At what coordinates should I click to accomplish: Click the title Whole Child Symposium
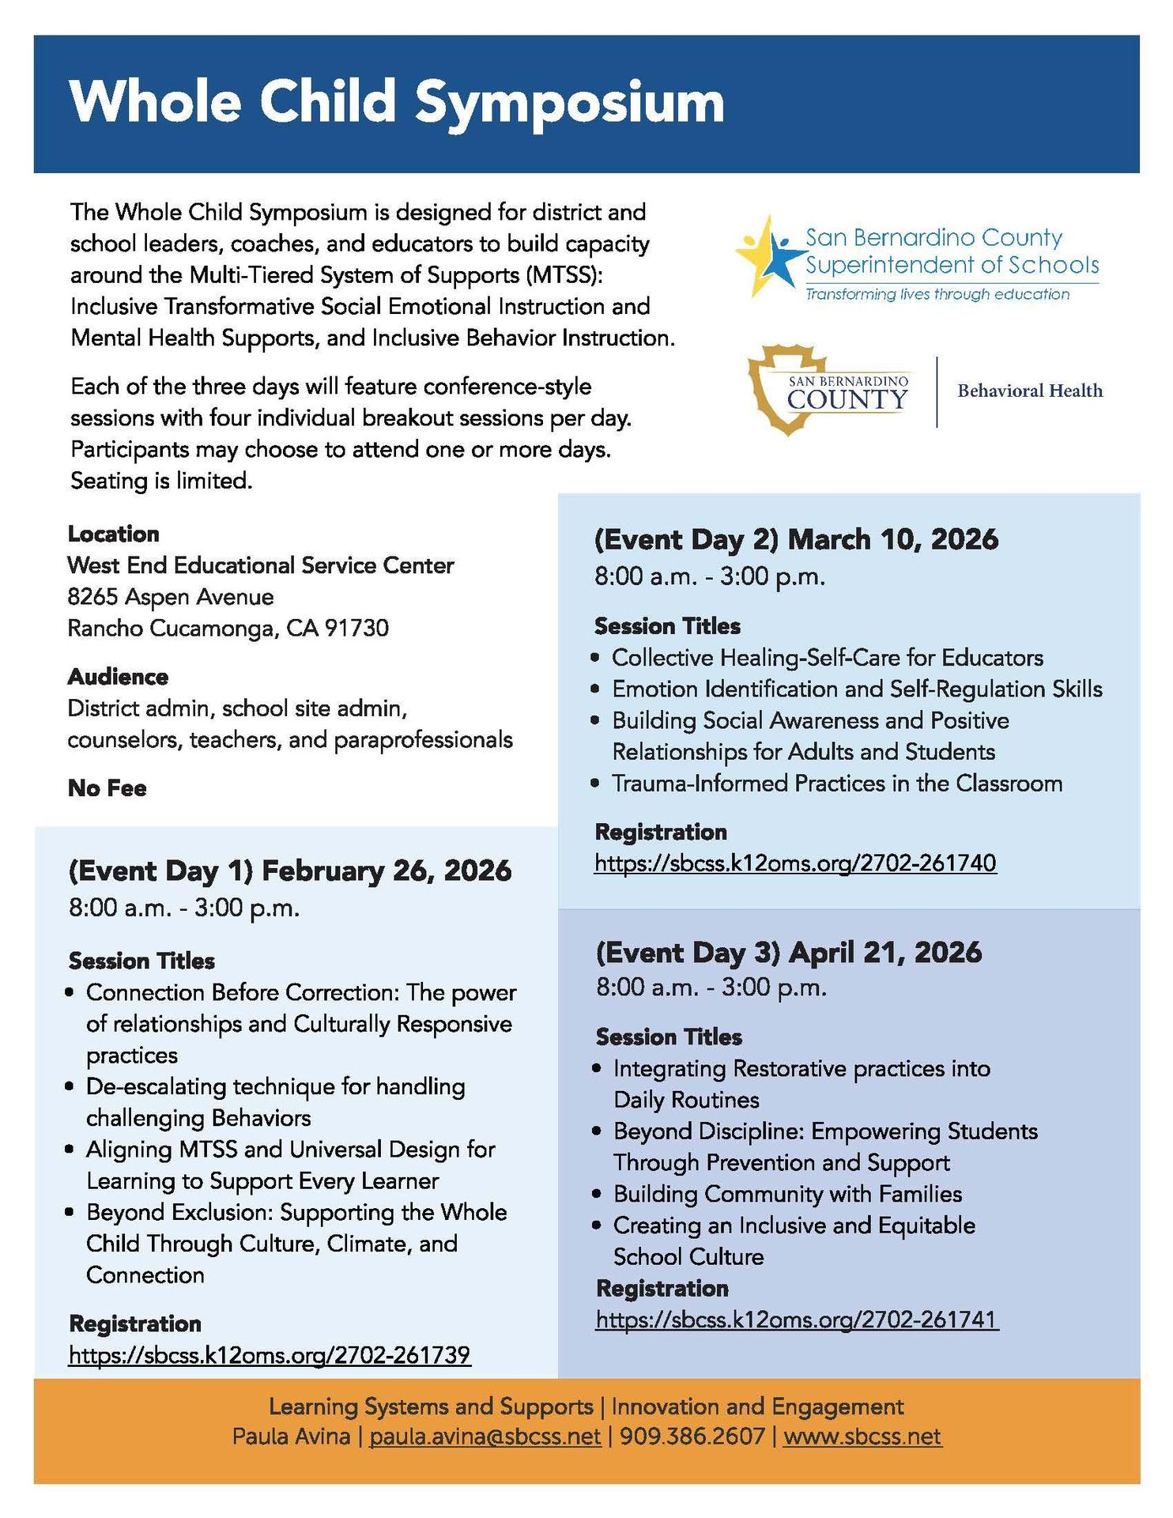tap(397, 103)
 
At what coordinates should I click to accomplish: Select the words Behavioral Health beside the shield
tap(1029, 391)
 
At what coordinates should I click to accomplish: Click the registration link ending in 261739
tap(270, 1355)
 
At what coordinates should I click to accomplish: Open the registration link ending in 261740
tap(795, 863)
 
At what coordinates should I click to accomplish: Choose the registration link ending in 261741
tap(797, 1320)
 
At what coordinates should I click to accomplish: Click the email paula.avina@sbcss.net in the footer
tap(485, 1436)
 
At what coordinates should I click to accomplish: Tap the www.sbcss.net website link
tap(862, 1436)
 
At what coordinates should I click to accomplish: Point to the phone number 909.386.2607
tap(692, 1436)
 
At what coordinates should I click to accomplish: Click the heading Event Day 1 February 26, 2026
tap(290, 870)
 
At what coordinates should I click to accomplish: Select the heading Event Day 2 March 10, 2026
tap(796, 539)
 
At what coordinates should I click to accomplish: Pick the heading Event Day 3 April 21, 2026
tap(788, 952)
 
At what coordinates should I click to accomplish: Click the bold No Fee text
tap(107, 788)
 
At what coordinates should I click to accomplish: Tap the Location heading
tap(113, 534)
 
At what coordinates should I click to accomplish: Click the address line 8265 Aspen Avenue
tap(171, 597)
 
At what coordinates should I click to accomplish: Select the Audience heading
tap(118, 677)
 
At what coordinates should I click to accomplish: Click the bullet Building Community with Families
tap(787, 1194)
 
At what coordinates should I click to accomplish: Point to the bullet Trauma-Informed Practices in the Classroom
tap(836, 784)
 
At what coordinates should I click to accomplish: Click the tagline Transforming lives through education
tap(937, 295)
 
